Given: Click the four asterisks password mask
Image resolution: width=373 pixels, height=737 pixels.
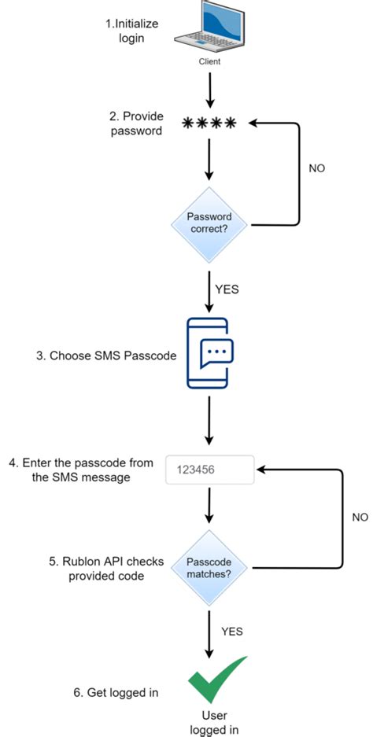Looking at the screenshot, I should click(x=209, y=123).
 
